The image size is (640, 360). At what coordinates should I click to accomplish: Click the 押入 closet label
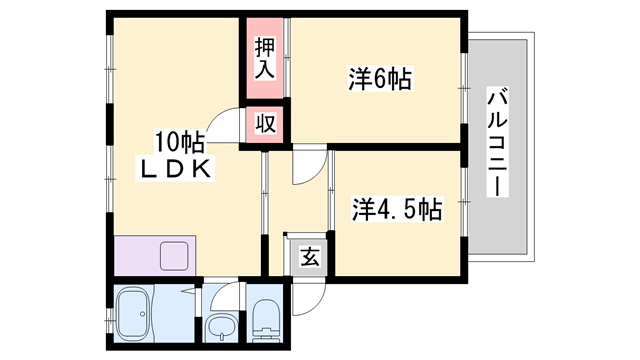(264, 57)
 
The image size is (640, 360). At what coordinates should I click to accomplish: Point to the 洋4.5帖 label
(397, 209)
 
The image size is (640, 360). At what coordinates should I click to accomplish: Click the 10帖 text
(179, 140)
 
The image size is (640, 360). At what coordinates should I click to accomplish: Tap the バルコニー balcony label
(497, 142)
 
